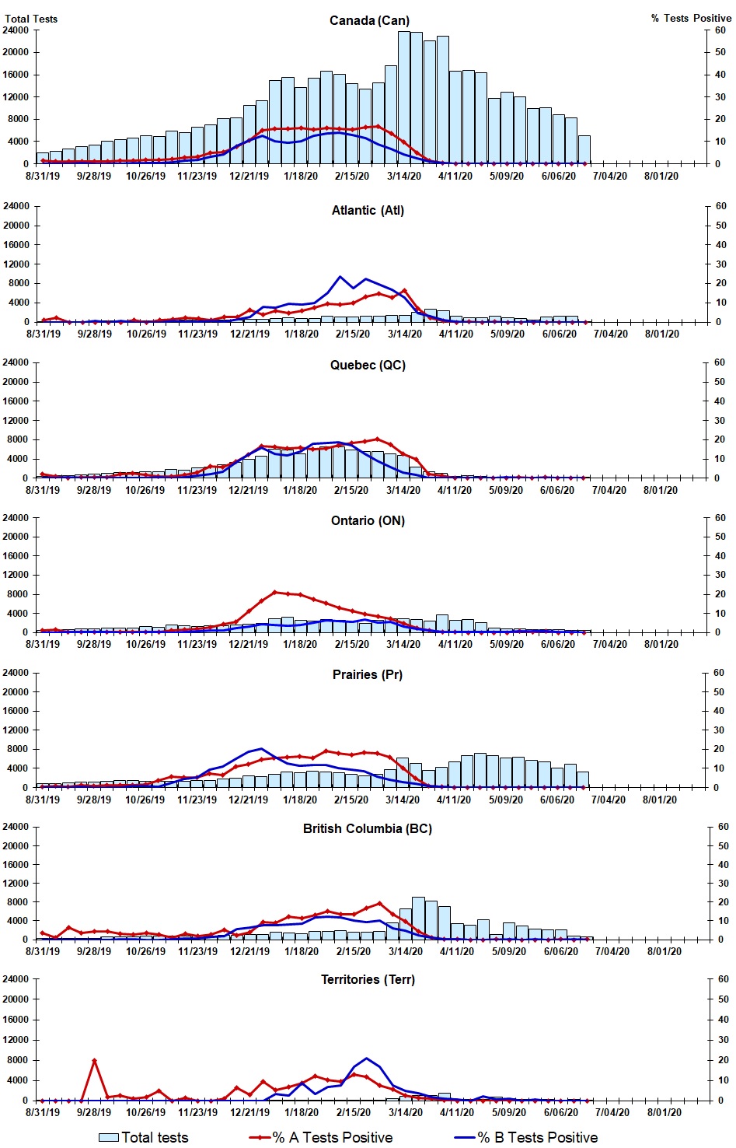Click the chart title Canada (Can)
(x=369, y=20)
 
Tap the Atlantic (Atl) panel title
(x=368, y=210)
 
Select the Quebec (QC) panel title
(x=368, y=365)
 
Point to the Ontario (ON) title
(x=368, y=520)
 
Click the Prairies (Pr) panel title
(x=368, y=674)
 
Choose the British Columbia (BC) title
(x=368, y=828)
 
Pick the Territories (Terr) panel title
(x=368, y=979)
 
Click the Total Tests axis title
(x=31, y=19)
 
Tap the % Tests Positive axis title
(x=691, y=18)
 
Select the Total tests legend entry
(x=145, y=1137)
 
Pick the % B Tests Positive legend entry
(x=526, y=1137)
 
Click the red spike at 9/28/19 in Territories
(x=94, y=1061)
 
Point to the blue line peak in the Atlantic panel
(x=340, y=277)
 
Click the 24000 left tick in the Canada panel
(x=16, y=30)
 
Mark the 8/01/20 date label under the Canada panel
(x=661, y=176)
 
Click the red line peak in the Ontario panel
(x=274, y=592)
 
